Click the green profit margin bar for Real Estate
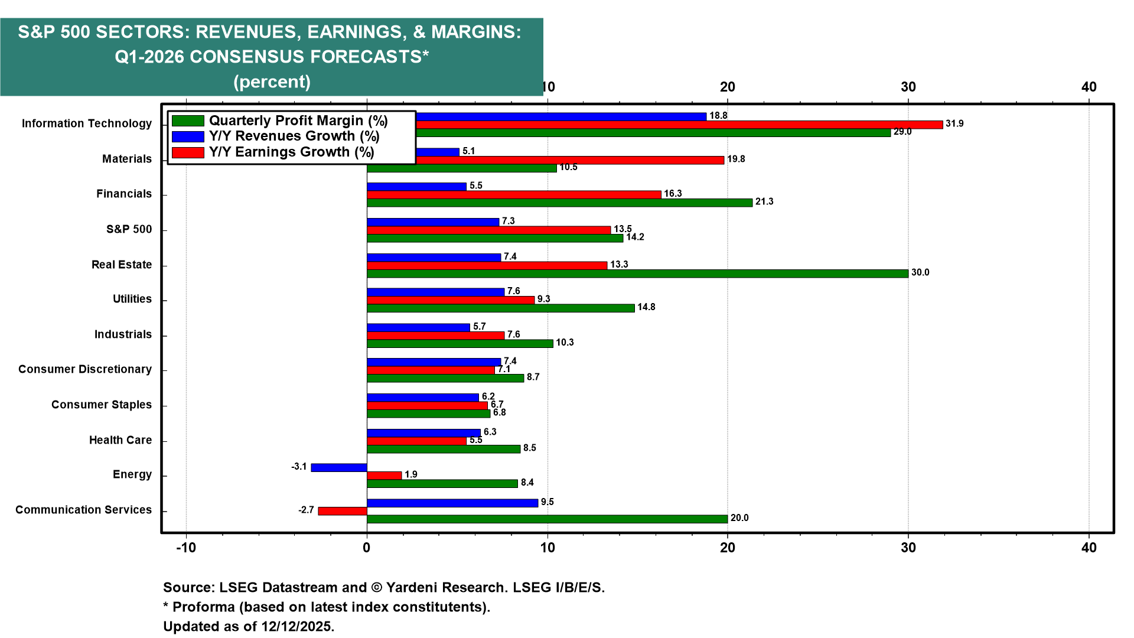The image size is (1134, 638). pos(637,274)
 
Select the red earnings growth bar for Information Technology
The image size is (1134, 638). pos(679,125)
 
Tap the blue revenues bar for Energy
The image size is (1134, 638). pos(339,468)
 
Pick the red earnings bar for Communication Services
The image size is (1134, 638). pos(343,511)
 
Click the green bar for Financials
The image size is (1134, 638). pos(559,203)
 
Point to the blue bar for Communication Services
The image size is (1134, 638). pos(452,503)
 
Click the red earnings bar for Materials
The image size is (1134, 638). pos(570,160)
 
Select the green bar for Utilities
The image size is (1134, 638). pos(500,308)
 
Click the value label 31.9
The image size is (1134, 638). pos(954,123)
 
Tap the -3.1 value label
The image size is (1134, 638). pos(299,467)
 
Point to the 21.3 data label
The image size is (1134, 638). pos(764,201)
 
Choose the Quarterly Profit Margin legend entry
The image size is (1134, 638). pos(280,121)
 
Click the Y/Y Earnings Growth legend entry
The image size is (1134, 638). pos(273,152)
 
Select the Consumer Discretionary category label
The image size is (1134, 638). pos(85,369)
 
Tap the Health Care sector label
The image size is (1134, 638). pos(120,440)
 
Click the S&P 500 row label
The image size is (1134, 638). pos(129,229)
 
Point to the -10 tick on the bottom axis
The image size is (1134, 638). pos(186,548)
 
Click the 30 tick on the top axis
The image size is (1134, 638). pos(908,87)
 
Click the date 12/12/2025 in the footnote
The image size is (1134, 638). pos(297,626)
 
